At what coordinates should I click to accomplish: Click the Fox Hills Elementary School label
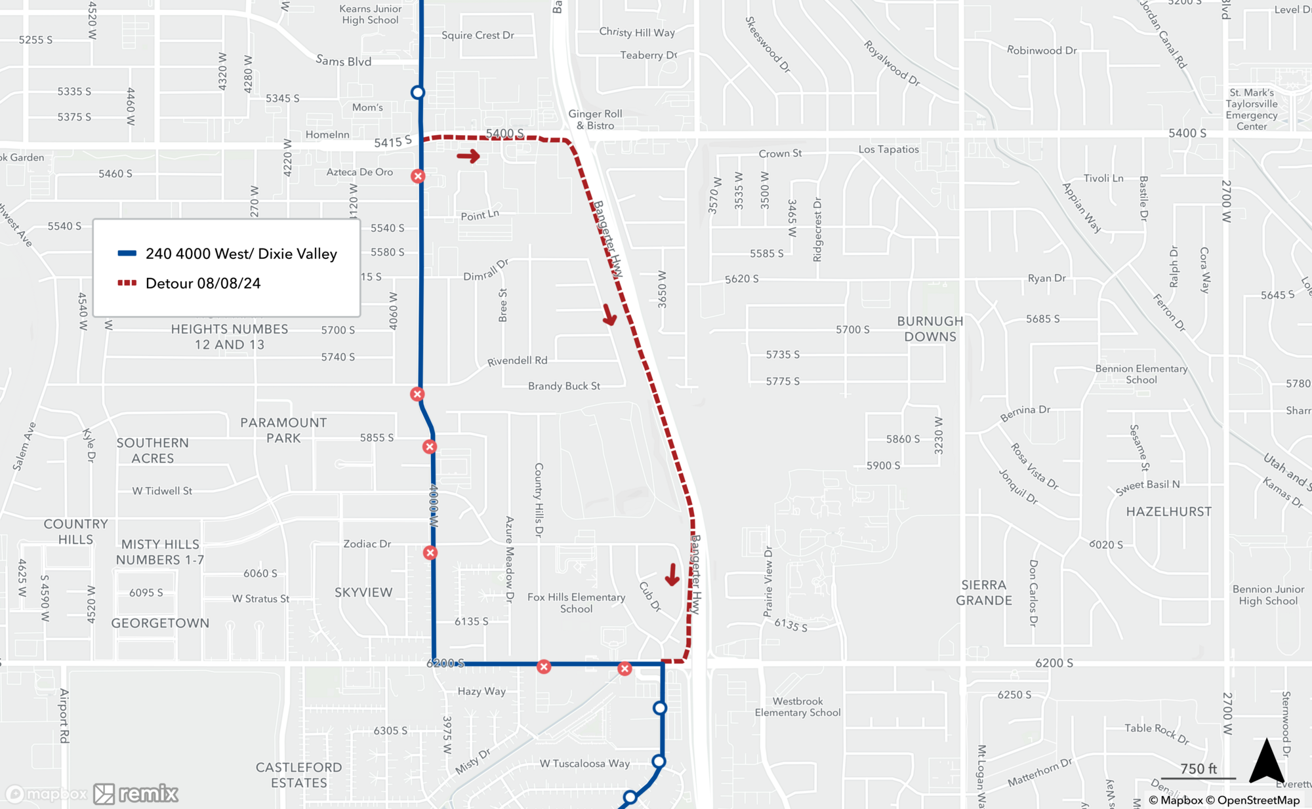coord(576,602)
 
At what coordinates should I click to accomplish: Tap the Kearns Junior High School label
coord(370,14)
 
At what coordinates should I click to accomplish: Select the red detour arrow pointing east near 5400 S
coord(468,156)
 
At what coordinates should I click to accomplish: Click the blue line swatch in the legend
coord(127,254)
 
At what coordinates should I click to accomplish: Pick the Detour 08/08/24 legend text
coord(203,283)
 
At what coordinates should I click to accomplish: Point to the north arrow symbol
coord(1266,761)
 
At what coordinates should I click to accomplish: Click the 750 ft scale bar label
coord(1198,768)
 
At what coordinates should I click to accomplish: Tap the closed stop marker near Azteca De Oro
coord(418,176)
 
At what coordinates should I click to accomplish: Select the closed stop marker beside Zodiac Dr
coord(430,553)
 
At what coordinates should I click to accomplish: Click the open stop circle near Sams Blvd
coord(418,92)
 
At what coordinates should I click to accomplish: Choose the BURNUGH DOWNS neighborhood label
coord(930,329)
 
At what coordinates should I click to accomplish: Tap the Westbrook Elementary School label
coord(797,707)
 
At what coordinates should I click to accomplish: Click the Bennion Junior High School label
coord(1267,595)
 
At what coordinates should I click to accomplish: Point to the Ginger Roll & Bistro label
coord(595,119)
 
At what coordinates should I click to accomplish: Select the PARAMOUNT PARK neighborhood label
coord(283,430)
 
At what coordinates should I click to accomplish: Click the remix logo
coord(136,794)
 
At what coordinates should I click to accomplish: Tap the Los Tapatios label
coord(888,149)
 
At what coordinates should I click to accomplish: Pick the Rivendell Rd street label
coord(517,361)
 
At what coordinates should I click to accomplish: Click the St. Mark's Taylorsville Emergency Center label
coord(1252,109)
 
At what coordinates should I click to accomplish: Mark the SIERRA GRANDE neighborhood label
coord(983,593)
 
